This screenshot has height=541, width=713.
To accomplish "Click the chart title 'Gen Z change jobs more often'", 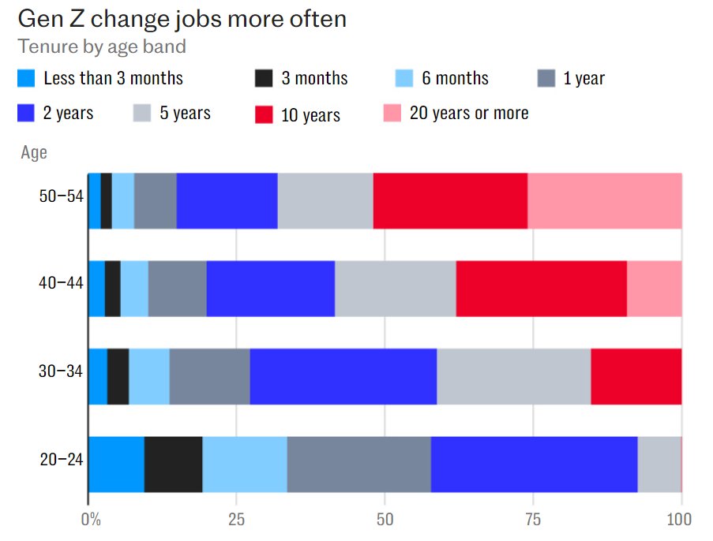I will (182, 18).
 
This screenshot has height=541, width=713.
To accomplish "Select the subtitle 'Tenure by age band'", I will (102, 47).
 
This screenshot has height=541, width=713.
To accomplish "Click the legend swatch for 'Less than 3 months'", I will (27, 78).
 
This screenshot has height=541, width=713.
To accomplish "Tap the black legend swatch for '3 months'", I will (264, 78).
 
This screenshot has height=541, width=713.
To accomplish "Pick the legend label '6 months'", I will (455, 78).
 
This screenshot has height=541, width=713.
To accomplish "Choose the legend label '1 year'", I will (584, 78).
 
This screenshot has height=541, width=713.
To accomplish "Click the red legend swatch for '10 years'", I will (264, 114).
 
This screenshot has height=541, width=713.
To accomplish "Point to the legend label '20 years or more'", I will (469, 114).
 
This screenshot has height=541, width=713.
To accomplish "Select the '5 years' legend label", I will (185, 114).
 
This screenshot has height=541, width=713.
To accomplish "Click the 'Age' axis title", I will (34, 153).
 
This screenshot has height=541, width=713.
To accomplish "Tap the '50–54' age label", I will (61, 196).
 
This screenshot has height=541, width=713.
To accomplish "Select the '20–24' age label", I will (61, 459).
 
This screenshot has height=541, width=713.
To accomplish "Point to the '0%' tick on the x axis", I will (92, 520).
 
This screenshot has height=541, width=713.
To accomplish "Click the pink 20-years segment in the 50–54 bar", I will (604, 200).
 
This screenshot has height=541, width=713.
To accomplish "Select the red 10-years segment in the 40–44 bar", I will (541, 288).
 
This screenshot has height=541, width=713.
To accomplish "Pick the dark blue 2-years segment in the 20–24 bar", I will (534, 464).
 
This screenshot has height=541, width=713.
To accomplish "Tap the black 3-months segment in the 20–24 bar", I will (173, 464).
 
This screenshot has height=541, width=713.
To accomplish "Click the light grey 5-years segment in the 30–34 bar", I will (513, 375).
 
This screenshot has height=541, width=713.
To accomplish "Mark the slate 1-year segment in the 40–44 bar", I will (177, 288).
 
